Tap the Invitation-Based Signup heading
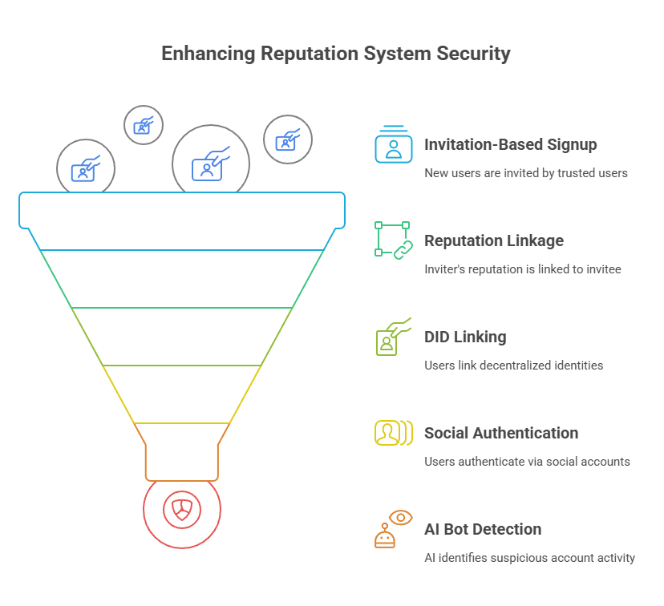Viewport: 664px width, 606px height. [510, 145]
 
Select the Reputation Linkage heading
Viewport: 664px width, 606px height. [494, 240]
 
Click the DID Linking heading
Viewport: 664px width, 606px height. [465, 337]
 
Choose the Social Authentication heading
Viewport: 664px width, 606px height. [501, 433]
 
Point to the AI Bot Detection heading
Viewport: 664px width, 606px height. [483, 529]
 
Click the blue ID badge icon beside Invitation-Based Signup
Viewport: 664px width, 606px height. [393, 145]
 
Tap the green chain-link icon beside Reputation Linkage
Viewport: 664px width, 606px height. [393, 240]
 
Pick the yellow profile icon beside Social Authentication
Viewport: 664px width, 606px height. [392, 433]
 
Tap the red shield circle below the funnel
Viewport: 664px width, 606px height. [182, 509]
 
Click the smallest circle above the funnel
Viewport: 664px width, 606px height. [144, 125]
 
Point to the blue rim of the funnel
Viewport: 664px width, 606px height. [182, 208]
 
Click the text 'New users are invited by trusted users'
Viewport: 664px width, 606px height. [526, 173]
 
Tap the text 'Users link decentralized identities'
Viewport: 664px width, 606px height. [514, 366]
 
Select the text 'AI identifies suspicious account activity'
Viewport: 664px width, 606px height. [529, 558]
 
